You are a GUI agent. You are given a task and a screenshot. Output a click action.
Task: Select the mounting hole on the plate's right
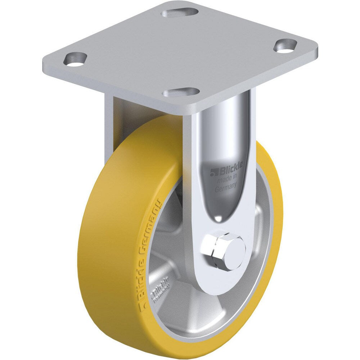pyautogui.click(x=285, y=46)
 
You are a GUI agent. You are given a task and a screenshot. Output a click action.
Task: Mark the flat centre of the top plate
pyautogui.click(x=180, y=50)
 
